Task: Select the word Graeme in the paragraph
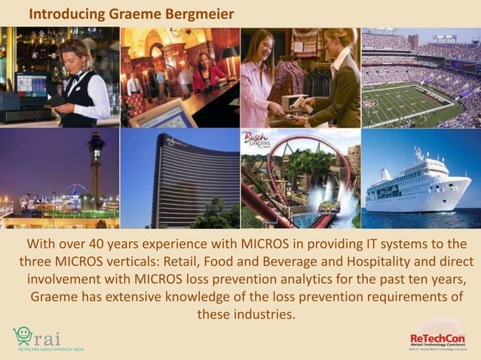tap(55, 297)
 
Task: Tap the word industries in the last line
tap(263, 314)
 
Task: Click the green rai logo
tap(38, 336)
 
